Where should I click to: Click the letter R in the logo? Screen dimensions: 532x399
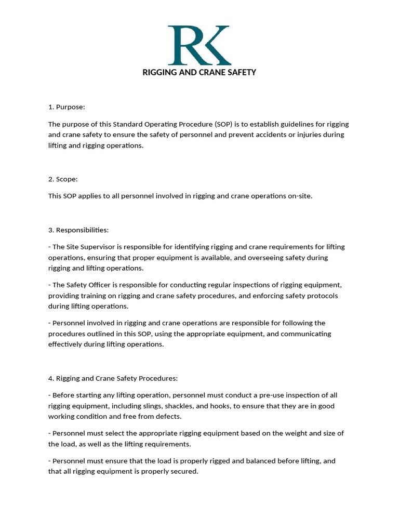[185, 45]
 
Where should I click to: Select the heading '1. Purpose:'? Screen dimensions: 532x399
[66, 107]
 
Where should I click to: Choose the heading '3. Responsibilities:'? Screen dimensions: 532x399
[78, 230]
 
